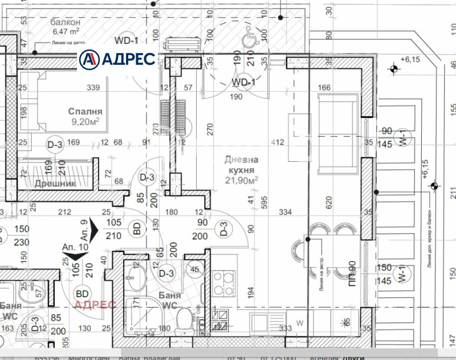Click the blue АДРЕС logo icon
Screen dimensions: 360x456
pyautogui.click(x=89, y=59)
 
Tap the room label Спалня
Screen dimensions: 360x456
pyautogui.click(x=85, y=112)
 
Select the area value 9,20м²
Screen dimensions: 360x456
pyautogui.click(x=85, y=121)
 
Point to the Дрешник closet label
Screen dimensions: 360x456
pyautogui.click(x=55, y=183)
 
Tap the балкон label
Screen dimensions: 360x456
pyautogui.click(x=63, y=22)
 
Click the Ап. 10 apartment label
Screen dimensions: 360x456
pyautogui.click(x=75, y=248)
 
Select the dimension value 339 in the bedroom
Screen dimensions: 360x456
pyautogui.click(x=93, y=87)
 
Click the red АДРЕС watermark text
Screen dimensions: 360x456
pyautogui.click(x=96, y=304)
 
